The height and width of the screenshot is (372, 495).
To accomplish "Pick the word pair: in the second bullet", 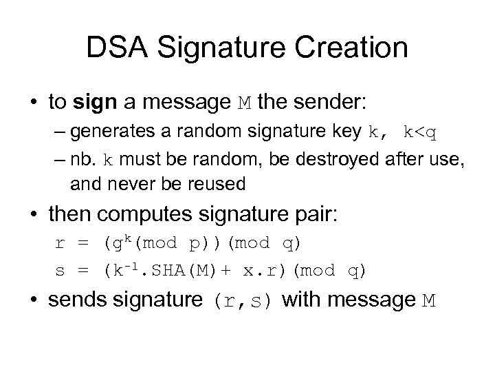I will (313, 216).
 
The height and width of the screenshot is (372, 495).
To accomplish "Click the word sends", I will (79, 300).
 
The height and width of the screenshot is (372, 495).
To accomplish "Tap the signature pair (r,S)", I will (242, 301).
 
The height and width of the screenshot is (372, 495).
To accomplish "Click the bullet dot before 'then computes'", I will (34, 216).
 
